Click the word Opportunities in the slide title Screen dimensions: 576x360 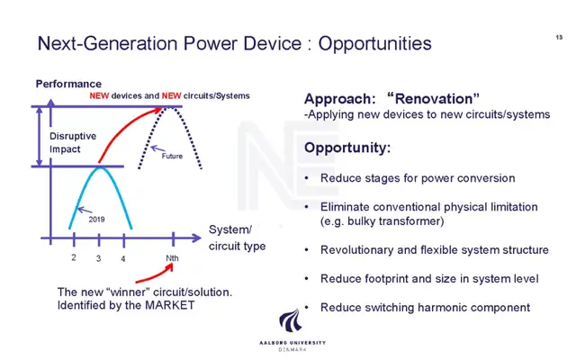[x=374, y=44]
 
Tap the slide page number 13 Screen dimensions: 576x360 [x=559, y=37]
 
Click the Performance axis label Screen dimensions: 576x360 [x=68, y=84]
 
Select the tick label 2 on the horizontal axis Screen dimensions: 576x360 [x=74, y=257]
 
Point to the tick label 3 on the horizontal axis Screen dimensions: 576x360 [x=98, y=258]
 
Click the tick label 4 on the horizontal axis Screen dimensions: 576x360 [x=123, y=258]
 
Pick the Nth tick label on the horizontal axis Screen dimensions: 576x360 [x=172, y=258]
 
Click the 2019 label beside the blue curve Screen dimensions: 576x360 [x=96, y=220]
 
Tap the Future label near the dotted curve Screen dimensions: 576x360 [x=172, y=156]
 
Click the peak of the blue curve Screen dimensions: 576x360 [x=100, y=167]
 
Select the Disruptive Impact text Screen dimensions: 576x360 [x=73, y=142]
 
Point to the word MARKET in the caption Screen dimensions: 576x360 [x=170, y=305]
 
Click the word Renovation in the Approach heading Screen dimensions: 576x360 [x=434, y=98]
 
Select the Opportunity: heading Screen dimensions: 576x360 [x=347, y=148]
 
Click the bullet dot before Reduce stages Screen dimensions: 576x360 [x=307, y=178]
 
